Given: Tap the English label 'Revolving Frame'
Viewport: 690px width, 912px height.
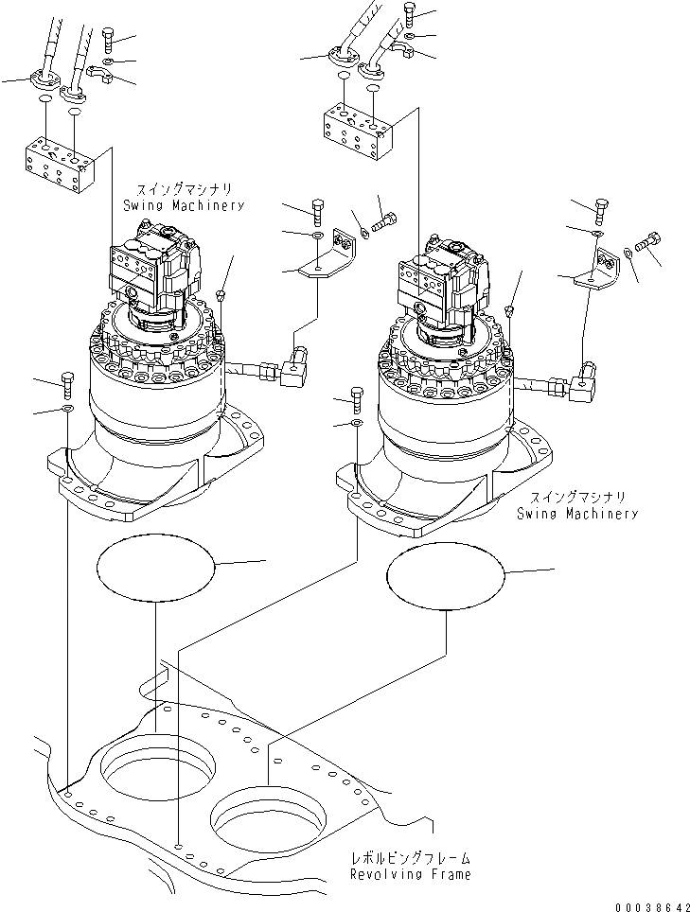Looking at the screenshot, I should coord(410,874).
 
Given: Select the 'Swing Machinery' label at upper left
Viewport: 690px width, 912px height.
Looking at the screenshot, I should coord(184,205).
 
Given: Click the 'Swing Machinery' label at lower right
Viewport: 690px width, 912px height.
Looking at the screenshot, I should coord(577,514).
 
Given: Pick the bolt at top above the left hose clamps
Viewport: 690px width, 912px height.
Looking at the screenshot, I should coord(106,40).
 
